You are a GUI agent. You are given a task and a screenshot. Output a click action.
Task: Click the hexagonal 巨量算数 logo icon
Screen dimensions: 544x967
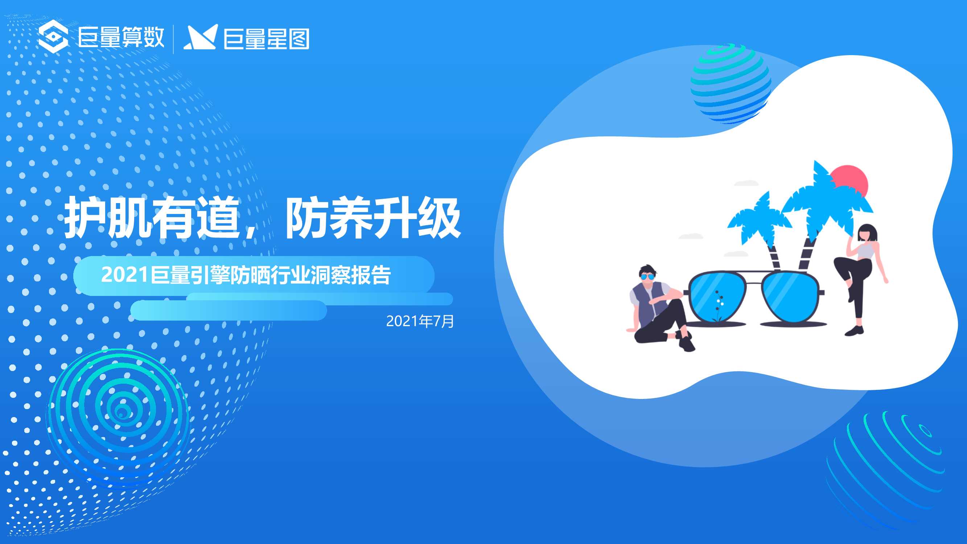tap(53, 37)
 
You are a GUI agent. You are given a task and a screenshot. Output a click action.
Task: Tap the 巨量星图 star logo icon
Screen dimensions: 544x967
tap(201, 38)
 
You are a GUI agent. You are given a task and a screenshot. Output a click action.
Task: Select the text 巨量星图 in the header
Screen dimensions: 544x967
tap(267, 39)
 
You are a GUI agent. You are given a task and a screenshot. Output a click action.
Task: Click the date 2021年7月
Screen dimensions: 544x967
tap(420, 321)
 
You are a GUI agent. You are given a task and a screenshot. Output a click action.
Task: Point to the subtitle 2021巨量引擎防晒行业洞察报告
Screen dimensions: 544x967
tap(246, 275)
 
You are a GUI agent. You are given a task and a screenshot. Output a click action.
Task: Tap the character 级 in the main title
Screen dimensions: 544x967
tap(439, 218)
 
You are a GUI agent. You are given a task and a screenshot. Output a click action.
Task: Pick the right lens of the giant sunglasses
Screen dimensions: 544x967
tap(790, 297)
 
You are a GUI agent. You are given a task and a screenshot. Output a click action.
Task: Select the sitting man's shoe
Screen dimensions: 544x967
tap(687, 345)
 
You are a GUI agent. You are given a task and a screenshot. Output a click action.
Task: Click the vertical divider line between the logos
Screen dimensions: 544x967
tap(173, 39)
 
